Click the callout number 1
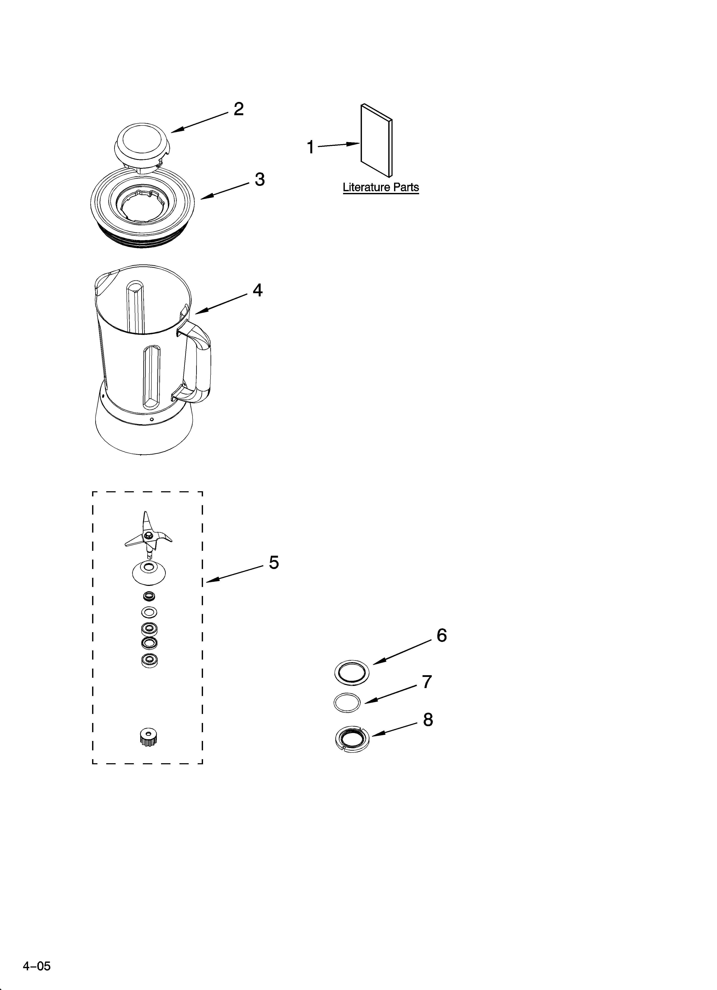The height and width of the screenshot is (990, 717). point(311,147)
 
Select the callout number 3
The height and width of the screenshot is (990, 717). point(260,179)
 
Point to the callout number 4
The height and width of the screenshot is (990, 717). point(258,290)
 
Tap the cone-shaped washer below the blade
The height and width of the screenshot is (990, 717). point(148,573)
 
